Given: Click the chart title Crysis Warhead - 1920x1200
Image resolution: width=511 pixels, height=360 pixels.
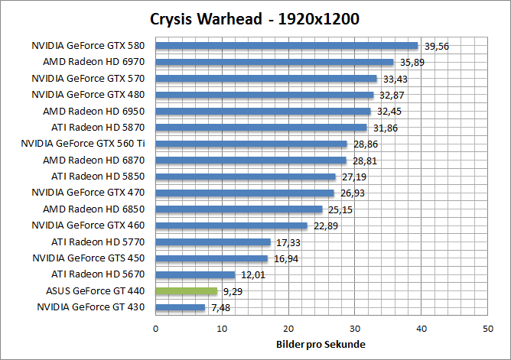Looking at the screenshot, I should (255, 18).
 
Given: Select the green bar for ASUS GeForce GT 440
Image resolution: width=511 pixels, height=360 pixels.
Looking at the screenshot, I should (187, 290).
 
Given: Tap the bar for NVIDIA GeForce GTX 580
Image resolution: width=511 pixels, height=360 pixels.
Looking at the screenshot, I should (287, 45).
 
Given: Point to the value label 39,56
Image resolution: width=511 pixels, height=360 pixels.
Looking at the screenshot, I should (436, 46).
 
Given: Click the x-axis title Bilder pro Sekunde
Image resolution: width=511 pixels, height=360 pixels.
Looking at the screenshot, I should (321, 344).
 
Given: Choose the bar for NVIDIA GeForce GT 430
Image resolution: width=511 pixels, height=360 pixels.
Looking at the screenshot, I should (181, 307).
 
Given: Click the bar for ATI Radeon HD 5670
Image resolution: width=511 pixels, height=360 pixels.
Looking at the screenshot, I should (196, 274).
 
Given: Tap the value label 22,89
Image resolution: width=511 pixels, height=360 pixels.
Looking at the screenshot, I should (325, 225).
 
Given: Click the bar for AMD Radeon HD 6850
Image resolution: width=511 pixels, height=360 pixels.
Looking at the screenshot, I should (239, 209).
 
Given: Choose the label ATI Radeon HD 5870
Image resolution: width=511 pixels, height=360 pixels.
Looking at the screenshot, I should (98, 127).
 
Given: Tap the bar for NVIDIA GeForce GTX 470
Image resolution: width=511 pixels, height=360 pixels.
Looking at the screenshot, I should (245, 193).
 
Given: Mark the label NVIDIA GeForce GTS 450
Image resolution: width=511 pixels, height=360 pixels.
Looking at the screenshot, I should (88, 258).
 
